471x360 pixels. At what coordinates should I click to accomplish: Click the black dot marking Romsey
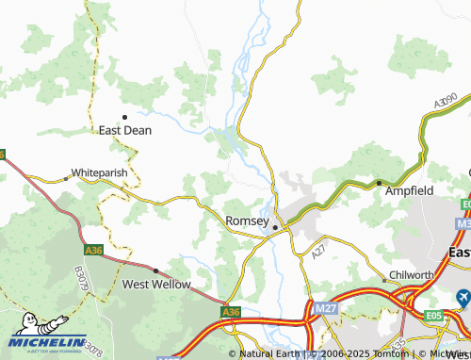(275, 227)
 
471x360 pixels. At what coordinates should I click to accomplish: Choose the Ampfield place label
(412, 190)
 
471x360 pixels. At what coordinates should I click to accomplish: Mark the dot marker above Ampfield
(379, 183)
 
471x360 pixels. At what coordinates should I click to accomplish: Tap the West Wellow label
(156, 284)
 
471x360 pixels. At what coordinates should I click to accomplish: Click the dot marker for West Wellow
(156, 270)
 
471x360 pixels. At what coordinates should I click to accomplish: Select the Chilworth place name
(414, 276)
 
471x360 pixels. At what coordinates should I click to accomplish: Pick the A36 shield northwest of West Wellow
(93, 250)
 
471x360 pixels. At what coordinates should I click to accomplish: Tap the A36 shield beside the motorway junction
(231, 311)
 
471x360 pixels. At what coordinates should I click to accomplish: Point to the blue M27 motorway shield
(323, 307)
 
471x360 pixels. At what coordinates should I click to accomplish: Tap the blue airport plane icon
(462, 298)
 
